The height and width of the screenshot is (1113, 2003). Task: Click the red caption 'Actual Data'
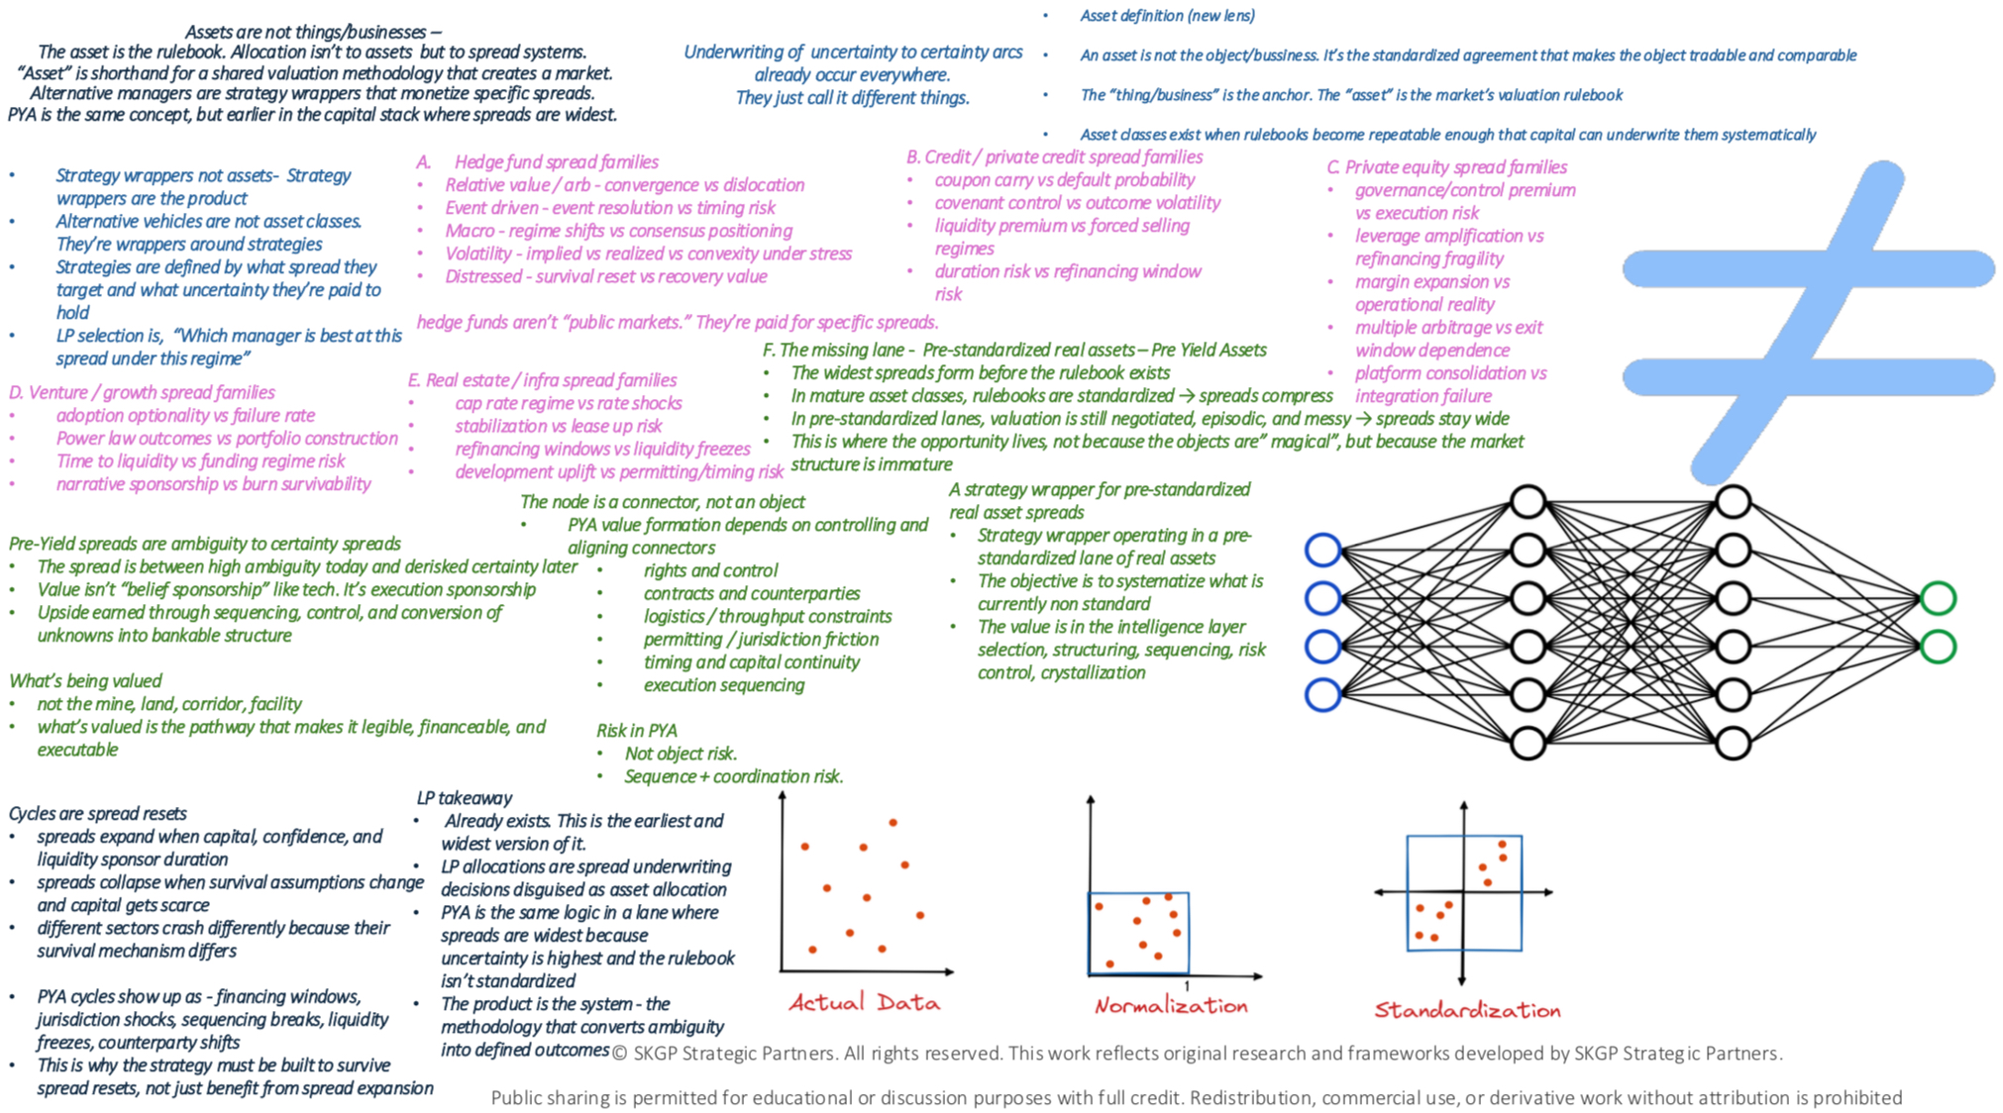tap(864, 1002)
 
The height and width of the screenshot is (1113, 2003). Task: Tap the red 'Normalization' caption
tap(1170, 1006)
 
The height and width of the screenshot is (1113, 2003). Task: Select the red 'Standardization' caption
tap(1466, 1010)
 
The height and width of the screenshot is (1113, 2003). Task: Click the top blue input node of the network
tap(1322, 551)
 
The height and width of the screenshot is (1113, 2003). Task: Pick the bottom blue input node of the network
tap(1322, 695)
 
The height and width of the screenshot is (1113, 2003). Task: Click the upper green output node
tap(1938, 598)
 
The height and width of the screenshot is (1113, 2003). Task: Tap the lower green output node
tap(1938, 647)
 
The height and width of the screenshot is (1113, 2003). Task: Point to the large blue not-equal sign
tap(1808, 322)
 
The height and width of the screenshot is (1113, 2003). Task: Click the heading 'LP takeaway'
tap(464, 798)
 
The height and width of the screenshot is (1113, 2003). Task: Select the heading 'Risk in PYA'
tap(636, 731)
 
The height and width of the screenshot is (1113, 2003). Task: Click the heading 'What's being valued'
tap(85, 681)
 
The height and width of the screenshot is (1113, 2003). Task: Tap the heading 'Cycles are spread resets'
tap(97, 814)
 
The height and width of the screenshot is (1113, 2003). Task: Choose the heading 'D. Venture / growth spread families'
tap(142, 393)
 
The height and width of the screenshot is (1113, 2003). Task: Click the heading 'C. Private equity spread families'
tap(1446, 167)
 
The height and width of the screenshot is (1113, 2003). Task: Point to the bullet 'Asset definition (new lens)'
tap(1167, 16)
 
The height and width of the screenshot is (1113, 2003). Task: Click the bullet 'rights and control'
tap(710, 570)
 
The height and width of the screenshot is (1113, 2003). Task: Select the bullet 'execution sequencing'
tap(723, 685)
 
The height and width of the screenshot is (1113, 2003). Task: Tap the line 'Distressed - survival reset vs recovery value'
tap(605, 276)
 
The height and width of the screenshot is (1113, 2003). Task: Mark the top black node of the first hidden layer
tap(1528, 502)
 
